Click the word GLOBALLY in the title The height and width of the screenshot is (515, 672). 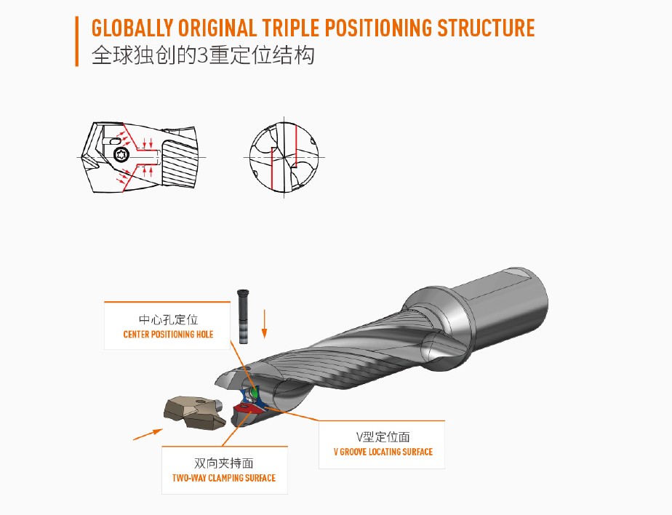(132, 28)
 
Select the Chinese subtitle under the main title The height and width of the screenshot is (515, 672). (203, 56)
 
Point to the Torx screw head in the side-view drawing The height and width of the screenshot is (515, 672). (122, 153)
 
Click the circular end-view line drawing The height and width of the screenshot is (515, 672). (284, 156)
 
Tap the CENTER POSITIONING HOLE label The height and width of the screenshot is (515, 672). (168, 335)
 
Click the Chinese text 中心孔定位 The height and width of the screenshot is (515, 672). (168, 319)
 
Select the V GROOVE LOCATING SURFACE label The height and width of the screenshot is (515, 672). (383, 452)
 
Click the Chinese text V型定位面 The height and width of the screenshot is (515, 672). (383, 436)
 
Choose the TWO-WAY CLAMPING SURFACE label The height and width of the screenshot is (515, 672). (224, 478)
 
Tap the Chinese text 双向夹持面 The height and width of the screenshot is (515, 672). (224, 463)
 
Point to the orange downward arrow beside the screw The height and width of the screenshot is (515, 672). (265, 323)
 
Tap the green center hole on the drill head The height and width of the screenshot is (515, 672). (255, 394)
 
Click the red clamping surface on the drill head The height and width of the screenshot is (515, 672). (249, 412)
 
